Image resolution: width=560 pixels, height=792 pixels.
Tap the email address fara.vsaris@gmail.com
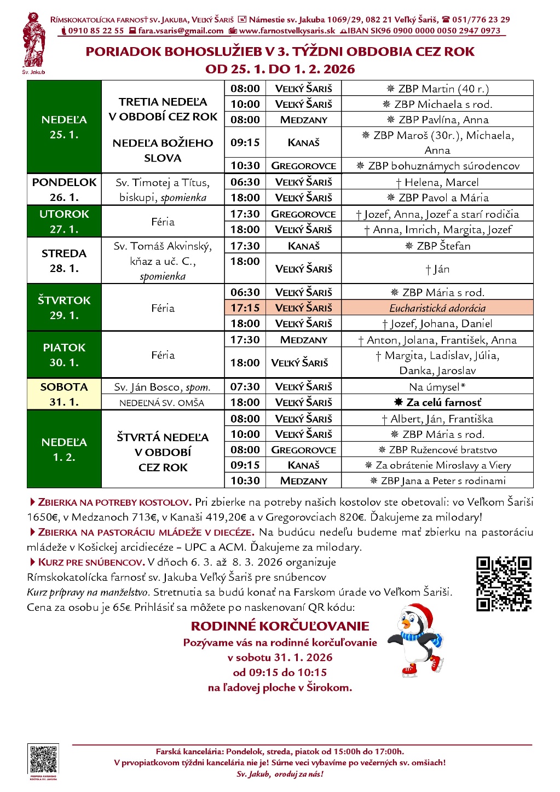181,31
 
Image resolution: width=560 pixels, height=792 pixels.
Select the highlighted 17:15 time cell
245,308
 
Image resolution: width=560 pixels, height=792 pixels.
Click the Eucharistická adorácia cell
437,308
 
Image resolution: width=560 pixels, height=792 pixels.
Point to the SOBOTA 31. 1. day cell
64,394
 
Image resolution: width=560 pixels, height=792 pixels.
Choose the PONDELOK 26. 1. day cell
64,189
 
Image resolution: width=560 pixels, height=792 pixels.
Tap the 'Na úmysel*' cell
437,387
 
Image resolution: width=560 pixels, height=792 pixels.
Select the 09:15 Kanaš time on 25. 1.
245,142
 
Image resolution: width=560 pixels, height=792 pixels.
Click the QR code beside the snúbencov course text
504,583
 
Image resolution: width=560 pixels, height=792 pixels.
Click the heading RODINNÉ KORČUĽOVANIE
280,626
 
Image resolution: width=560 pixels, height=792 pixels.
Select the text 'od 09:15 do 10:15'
280,673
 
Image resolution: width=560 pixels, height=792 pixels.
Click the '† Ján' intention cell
437,269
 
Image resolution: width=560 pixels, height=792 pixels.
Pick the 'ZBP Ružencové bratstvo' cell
437,450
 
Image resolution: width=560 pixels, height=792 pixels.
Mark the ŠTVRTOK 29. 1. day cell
64,308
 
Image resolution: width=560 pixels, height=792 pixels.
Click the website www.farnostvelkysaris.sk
287,31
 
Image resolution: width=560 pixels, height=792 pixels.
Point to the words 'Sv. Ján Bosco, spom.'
163,387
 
